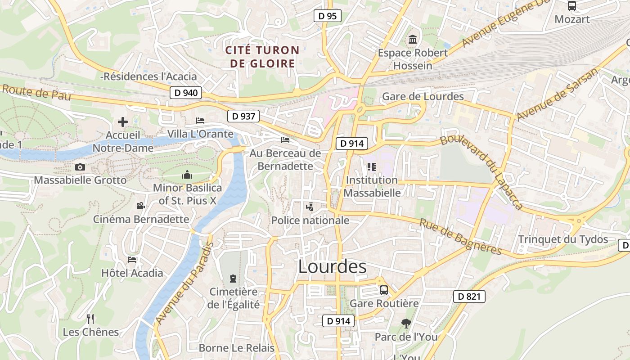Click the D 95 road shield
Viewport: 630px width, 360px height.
tap(327, 16)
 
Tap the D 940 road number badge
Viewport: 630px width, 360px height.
tap(186, 93)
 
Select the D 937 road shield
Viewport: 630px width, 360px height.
tap(243, 116)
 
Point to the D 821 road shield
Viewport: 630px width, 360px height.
tap(469, 296)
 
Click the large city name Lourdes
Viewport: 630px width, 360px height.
tap(332, 267)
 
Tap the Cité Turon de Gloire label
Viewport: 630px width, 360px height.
tap(262, 57)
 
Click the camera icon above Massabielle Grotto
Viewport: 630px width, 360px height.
tap(80, 167)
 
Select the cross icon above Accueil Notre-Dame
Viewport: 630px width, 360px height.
tap(122, 122)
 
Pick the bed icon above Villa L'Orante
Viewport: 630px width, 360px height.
tap(200, 121)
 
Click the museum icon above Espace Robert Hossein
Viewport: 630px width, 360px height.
tap(413, 40)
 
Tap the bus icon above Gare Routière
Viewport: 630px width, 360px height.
tap(384, 290)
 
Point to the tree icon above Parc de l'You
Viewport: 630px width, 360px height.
tap(406, 323)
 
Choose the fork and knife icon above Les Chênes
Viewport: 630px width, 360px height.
tap(90, 319)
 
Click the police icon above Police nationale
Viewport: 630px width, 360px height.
tap(310, 207)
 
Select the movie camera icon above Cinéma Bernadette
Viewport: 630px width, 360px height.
tap(140, 206)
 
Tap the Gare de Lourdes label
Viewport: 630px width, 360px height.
tap(423, 96)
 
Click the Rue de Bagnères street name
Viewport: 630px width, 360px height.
tap(460, 237)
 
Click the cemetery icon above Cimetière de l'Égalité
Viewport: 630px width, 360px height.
tap(233, 279)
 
